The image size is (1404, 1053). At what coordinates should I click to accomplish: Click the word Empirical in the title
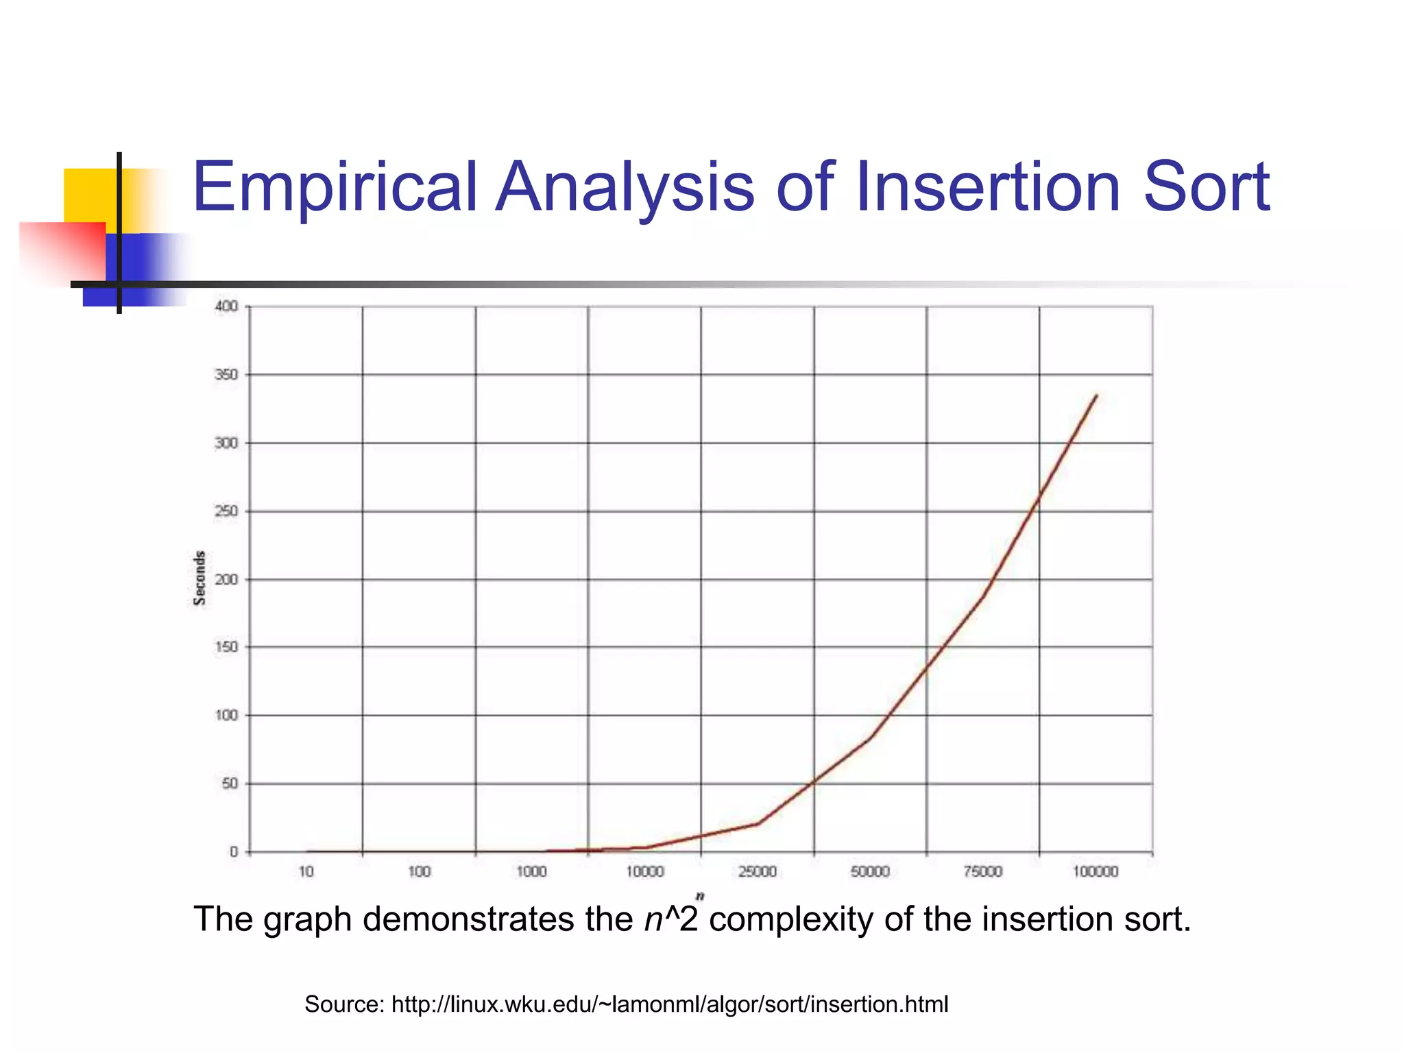pos(335,186)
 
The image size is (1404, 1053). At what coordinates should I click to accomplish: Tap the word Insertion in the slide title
pos(987,186)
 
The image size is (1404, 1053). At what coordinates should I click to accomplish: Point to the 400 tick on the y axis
pos(226,306)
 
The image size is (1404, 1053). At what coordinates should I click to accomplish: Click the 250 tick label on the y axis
pos(226,511)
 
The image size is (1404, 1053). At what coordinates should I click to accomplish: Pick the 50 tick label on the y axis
pos(230,784)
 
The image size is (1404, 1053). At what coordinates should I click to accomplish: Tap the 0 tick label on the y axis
pos(234,852)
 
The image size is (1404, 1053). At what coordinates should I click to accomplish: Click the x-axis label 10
pos(306,872)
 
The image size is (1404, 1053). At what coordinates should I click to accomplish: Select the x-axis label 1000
pos(531,872)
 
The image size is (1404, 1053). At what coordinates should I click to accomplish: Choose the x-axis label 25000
pos(758,872)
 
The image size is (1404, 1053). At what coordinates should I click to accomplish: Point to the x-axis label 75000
pos(983,872)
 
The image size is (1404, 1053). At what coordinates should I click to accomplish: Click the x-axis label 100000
pos(1096,872)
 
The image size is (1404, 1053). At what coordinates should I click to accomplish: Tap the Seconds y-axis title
pos(199,578)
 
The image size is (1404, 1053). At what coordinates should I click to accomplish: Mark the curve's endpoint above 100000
pos(1097,396)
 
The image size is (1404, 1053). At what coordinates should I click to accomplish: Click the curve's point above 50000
pos(871,738)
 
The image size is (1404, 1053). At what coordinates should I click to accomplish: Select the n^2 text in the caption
pos(671,919)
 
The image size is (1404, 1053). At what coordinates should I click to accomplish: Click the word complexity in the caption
pos(790,919)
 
